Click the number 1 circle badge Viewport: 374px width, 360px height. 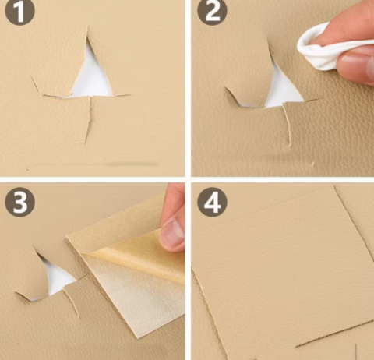click(x=19, y=12)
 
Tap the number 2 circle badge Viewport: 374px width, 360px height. click(x=212, y=12)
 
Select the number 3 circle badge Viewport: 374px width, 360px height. click(x=19, y=201)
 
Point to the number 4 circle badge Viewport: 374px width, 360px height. click(x=212, y=202)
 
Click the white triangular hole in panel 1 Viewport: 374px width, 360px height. click(x=91, y=76)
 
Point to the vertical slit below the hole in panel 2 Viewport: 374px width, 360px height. click(x=287, y=125)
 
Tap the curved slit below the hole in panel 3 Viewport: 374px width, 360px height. click(x=72, y=302)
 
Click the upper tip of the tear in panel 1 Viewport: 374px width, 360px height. click(x=87, y=26)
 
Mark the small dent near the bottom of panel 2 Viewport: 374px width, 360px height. click(x=312, y=164)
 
